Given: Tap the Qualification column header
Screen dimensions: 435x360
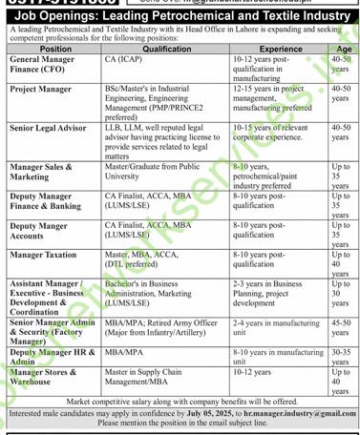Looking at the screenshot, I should tap(167, 48).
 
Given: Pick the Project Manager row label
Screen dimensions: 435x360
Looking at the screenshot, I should tap(41, 89).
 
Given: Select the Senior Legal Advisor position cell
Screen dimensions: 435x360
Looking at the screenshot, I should tap(48, 126).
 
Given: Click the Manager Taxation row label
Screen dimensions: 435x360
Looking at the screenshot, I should tap(45, 256).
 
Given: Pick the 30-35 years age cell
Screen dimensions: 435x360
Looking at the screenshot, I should tap(343, 357).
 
